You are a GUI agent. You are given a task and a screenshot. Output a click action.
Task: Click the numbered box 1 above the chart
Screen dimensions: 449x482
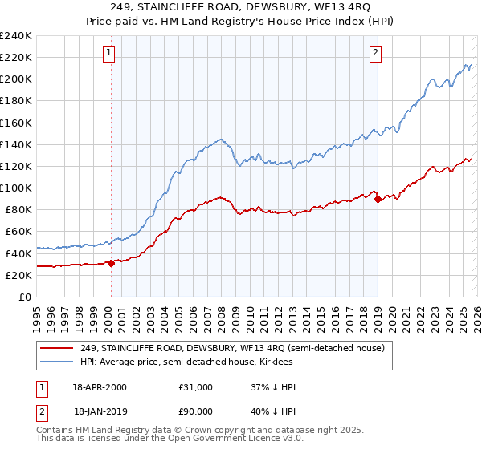tap(108, 54)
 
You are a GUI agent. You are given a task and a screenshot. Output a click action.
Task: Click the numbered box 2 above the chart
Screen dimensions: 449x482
tap(375, 54)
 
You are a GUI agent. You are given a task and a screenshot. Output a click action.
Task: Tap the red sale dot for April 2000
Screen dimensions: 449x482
tap(111, 263)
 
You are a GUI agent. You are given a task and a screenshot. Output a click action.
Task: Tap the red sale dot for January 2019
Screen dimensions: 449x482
tap(378, 199)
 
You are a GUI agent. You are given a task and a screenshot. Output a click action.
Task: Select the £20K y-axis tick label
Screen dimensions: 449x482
tap(19, 275)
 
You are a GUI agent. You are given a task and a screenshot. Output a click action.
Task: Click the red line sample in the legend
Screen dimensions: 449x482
tap(57, 348)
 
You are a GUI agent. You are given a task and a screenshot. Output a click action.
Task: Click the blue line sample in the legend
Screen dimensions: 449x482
tap(57, 362)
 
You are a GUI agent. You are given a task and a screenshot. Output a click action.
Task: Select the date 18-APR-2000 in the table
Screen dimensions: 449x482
tap(100, 387)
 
